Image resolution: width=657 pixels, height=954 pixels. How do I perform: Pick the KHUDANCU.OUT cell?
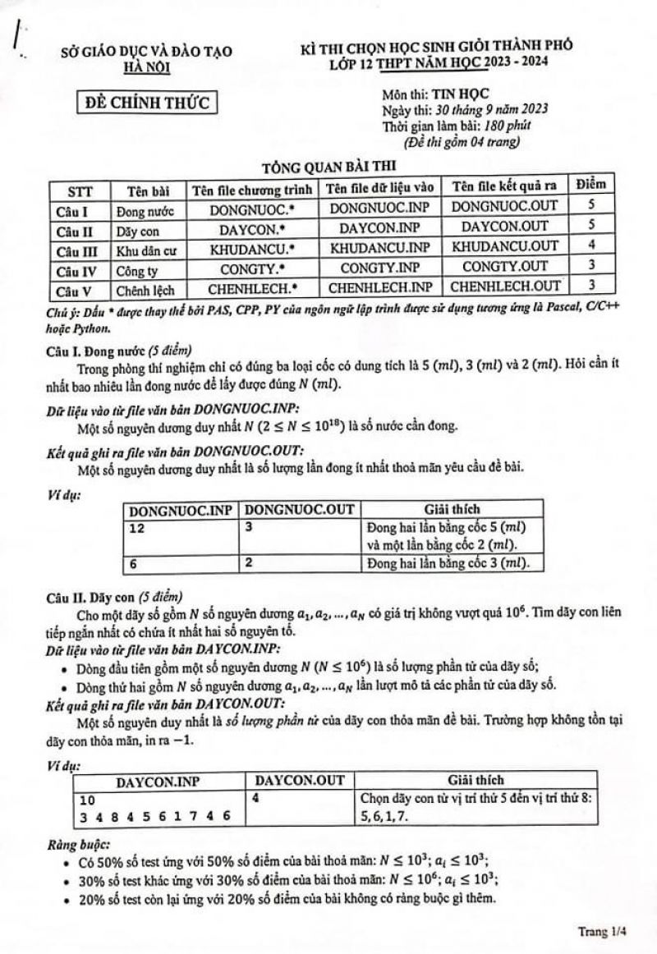(x=505, y=245)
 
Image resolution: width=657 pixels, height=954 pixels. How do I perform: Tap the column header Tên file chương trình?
(x=251, y=190)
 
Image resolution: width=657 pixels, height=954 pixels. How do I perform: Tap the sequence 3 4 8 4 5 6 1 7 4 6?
(x=155, y=816)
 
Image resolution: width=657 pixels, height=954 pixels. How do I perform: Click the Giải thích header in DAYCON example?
(x=476, y=779)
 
